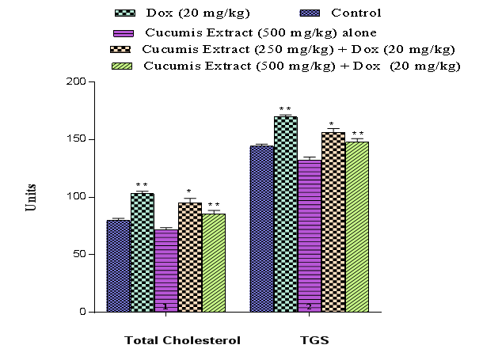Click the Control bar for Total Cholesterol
tap(119, 266)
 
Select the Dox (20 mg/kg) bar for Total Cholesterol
tap(143, 252)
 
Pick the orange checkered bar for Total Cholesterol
tap(190, 257)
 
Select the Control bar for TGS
tap(262, 229)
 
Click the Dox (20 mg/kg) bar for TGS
tap(286, 214)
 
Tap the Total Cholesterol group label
tap(182, 340)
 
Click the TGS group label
tap(310, 340)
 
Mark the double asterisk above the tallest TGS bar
tap(285, 109)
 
